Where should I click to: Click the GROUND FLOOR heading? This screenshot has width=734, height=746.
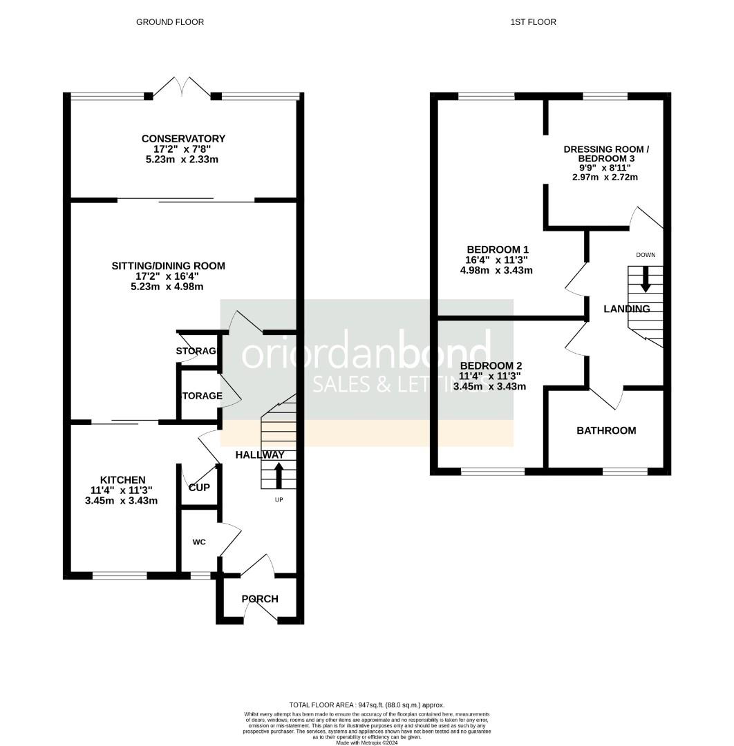point(169,22)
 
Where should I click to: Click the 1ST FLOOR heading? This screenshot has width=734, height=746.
point(533,22)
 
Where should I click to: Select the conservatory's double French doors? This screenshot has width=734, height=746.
point(182,88)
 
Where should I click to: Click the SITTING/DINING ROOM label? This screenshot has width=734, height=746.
point(169,266)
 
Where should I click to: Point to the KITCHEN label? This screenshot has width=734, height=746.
point(123,480)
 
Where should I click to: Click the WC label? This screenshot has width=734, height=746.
point(199,542)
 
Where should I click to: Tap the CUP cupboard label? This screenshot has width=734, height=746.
point(200,488)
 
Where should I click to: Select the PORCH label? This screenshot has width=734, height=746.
point(260,599)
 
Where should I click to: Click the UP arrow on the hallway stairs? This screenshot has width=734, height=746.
point(279,475)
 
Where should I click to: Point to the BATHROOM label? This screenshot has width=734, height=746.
point(606,430)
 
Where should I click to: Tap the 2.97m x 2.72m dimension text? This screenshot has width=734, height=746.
point(605,178)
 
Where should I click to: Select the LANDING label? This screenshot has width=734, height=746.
point(627,309)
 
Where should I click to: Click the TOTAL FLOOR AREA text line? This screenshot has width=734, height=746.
point(367,704)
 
